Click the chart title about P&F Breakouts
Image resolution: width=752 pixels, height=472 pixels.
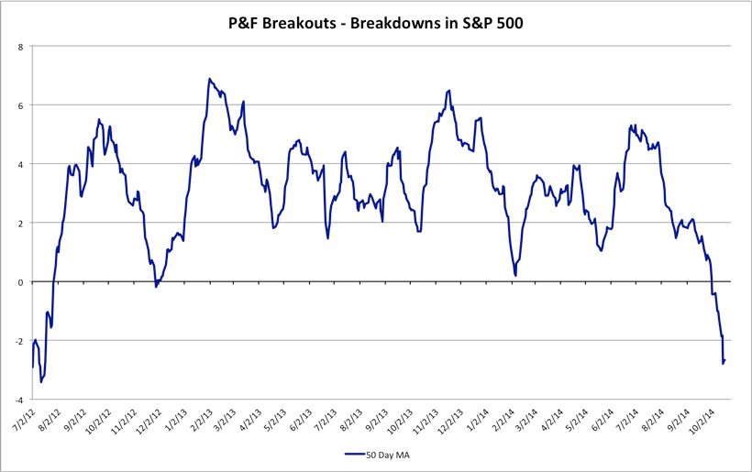(x=375, y=23)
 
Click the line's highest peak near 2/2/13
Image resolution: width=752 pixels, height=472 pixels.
(x=209, y=79)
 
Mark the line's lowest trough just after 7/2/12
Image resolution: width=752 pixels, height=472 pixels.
(x=40, y=381)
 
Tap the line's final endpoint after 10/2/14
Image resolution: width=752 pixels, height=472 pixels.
(x=724, y=360)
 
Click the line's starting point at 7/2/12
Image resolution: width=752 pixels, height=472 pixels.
(x=32, y=368)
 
